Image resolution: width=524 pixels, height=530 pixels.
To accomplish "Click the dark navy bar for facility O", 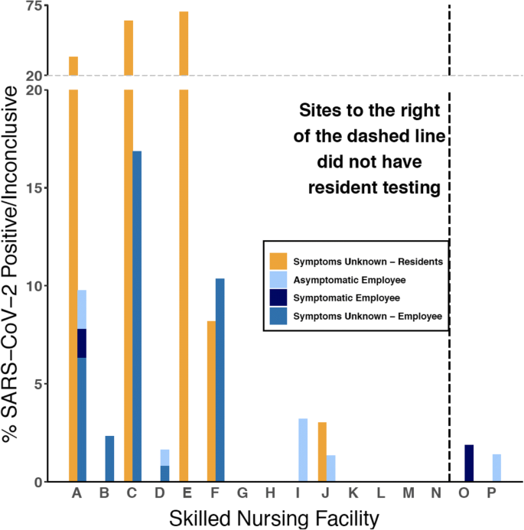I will tap(469, 463).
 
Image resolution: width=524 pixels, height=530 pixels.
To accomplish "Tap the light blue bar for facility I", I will tap(303, 450).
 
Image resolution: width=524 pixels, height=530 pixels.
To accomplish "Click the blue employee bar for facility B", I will tap(109, 459).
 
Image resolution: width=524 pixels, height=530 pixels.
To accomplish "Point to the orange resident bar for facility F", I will tap(211, 402).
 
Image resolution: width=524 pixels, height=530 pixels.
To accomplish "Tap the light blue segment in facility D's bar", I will tap(164, 457).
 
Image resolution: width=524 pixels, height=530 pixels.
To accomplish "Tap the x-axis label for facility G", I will tap(242, 495).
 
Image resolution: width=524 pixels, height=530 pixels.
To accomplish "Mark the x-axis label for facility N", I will tap(435, 495).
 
